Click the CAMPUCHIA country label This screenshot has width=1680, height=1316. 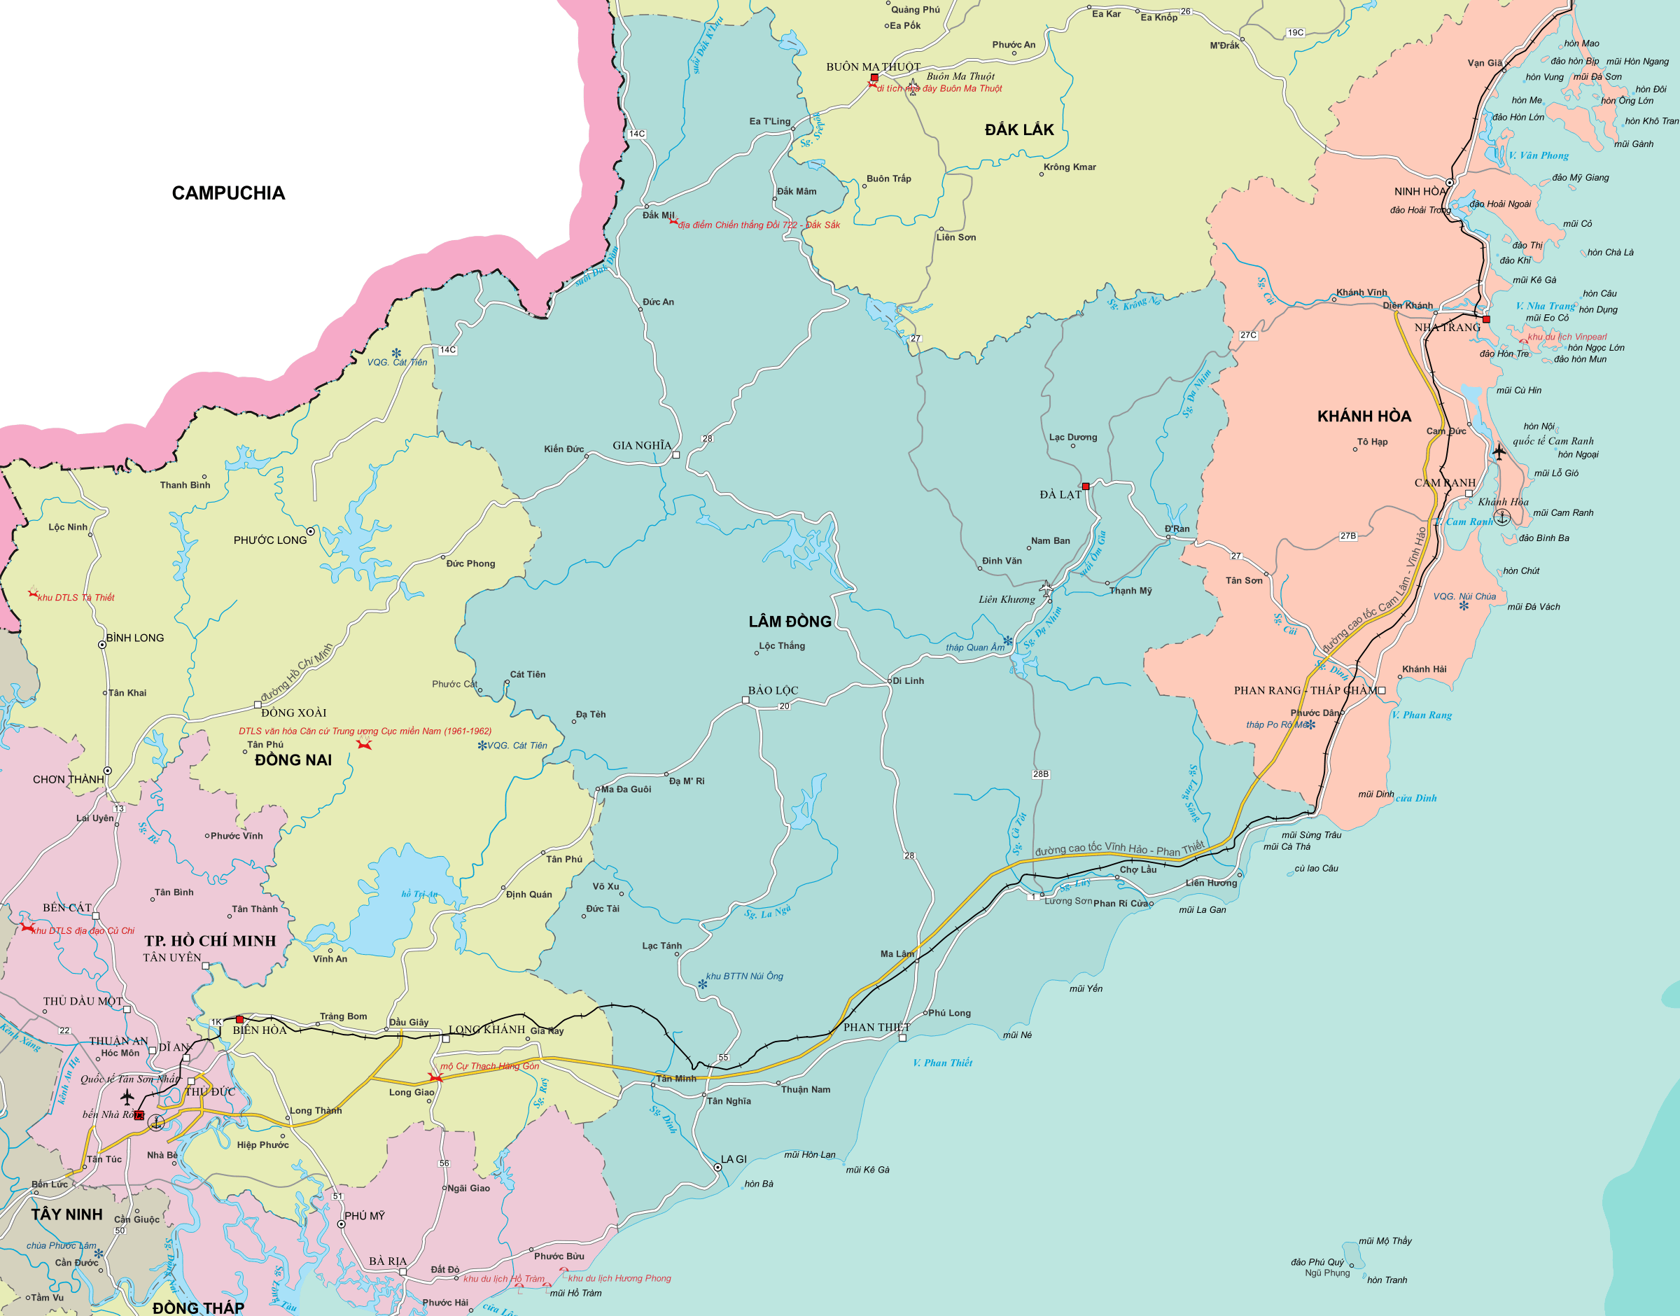[228, 192]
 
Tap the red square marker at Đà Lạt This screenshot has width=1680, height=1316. [1085, 486]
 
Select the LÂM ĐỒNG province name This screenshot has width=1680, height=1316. [790, 621]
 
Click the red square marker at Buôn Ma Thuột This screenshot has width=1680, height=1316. [874, 78]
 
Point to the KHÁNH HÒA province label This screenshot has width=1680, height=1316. [1364, 416]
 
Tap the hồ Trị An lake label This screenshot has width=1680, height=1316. [419, 894]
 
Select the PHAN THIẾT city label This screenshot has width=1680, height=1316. [876, 1027]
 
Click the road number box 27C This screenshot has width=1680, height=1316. [1248, 335]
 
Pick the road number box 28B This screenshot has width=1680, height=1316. [1040, 773]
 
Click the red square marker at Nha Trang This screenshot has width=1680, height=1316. [1486, 319]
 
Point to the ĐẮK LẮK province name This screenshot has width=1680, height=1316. [1018, 129]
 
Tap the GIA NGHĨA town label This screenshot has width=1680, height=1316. [642, 445]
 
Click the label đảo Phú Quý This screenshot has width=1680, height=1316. [1317, 1262]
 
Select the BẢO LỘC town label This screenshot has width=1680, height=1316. [773, 690]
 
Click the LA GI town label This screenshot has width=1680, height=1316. [734, 1158]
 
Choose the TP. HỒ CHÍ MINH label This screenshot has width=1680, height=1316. [209, 941]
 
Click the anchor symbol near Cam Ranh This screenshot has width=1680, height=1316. [1501, 517]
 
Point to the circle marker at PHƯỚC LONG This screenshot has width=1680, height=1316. [310, 531]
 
